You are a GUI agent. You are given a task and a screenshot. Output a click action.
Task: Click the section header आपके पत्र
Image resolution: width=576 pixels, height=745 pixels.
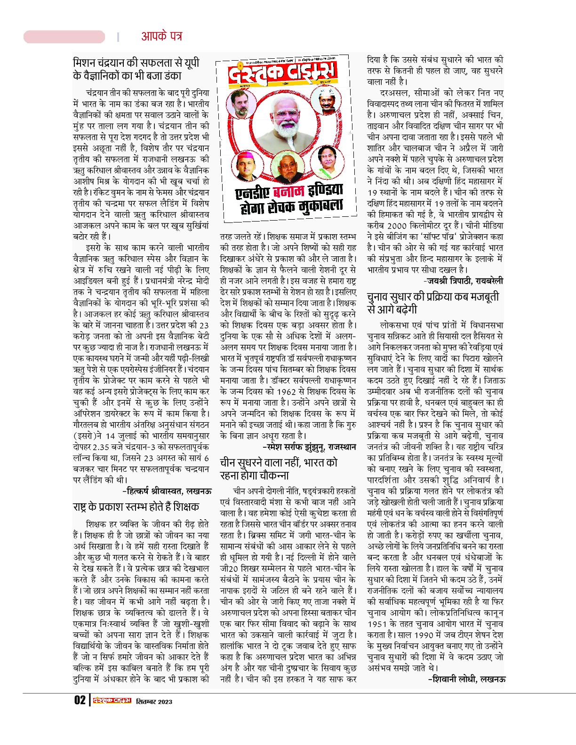point(161,36)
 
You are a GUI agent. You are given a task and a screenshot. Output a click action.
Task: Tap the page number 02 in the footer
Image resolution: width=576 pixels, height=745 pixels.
point(79,701)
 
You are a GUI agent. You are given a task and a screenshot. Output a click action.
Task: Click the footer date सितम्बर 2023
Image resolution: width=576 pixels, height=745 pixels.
point(154,701)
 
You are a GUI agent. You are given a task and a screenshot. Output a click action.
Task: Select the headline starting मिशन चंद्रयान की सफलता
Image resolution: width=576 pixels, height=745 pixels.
point(136,69)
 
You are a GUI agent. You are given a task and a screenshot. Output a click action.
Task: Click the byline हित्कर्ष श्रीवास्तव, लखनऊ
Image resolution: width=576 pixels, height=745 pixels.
point(167,491)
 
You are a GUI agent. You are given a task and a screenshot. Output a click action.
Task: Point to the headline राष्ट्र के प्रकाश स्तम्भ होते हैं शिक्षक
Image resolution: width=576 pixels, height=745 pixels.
point(136,507)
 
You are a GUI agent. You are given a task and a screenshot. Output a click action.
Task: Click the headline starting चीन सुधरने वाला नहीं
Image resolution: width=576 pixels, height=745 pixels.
point(279,468)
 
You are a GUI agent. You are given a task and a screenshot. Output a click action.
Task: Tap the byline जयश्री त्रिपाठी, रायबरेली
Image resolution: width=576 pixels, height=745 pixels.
point(463,281)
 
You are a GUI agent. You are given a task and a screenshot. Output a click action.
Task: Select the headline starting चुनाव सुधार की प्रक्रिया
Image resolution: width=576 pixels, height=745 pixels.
point(432,303)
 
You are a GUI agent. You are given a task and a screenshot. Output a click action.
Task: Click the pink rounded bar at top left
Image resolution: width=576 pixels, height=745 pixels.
point(64,37)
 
